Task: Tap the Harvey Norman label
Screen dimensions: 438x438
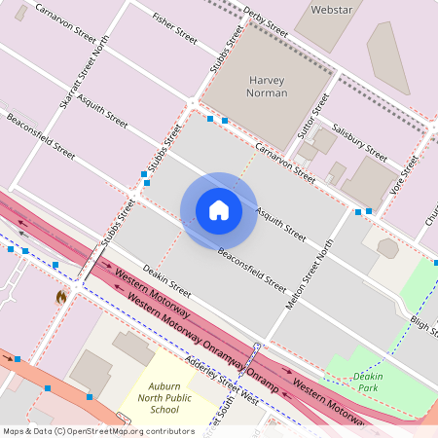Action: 268,86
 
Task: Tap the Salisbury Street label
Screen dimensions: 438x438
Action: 359,142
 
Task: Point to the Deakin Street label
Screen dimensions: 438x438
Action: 166,279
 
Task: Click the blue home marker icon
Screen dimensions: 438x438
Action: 218,210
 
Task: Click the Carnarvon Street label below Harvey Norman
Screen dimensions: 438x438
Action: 285,163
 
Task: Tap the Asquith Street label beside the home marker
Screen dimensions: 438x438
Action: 280,224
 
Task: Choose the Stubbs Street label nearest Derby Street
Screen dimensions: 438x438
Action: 226,50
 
